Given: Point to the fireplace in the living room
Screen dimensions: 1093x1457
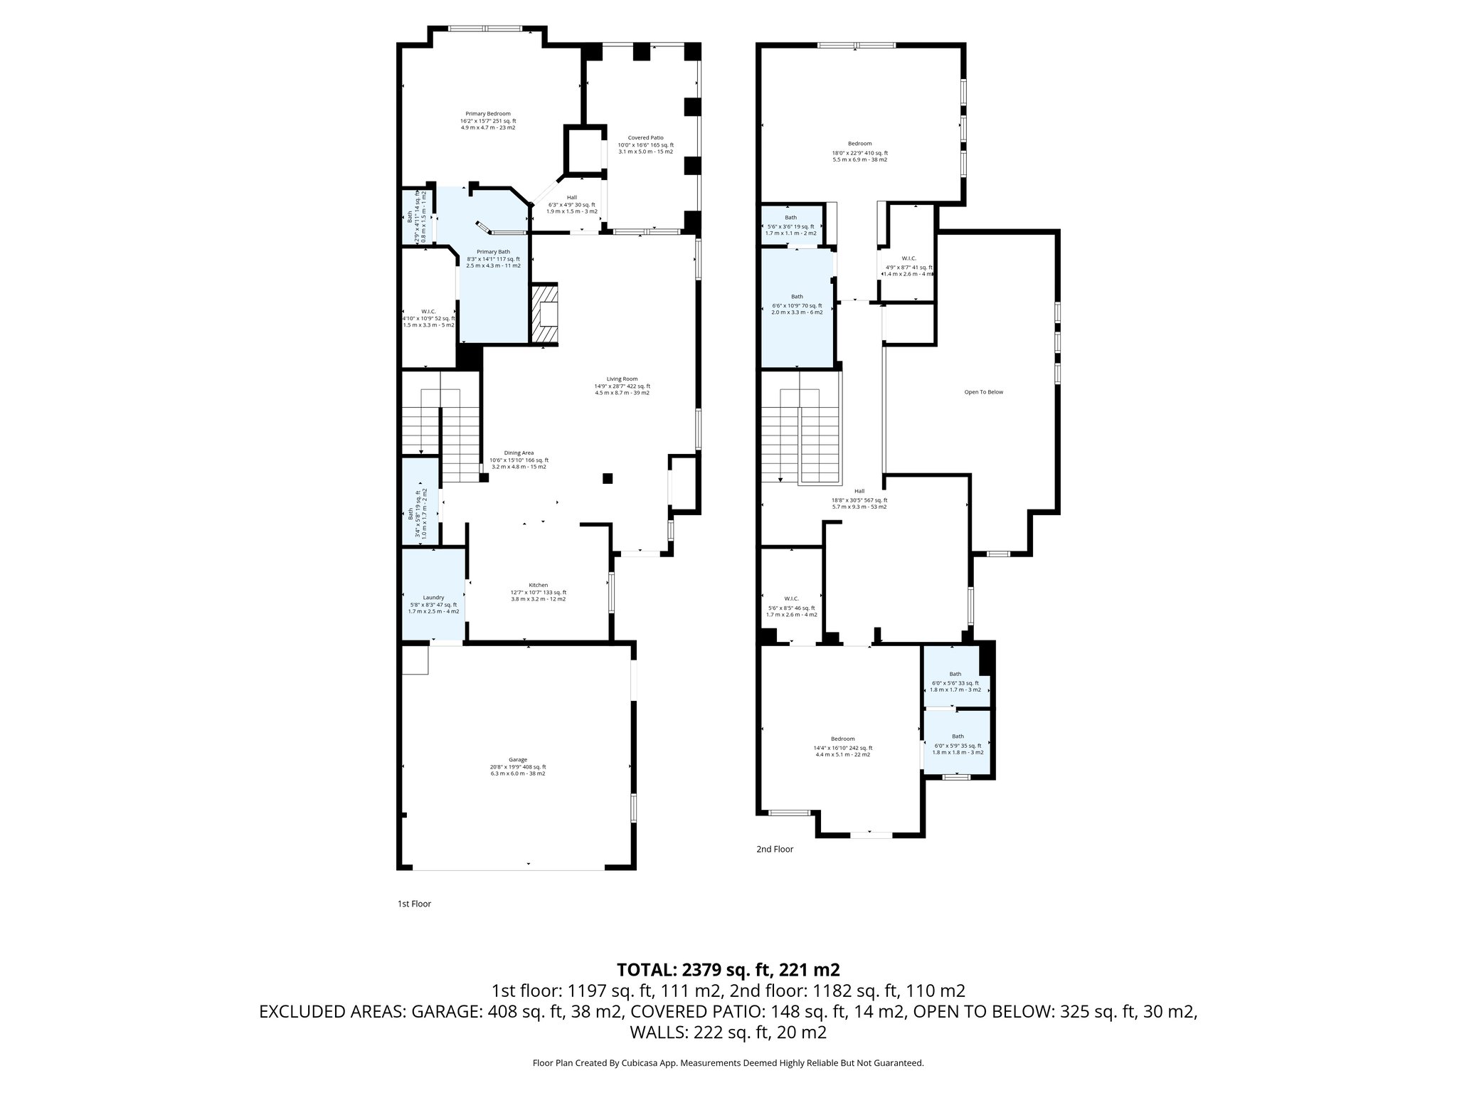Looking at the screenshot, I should click(x=546, y=314).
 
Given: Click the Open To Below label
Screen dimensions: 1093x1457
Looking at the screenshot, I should click(x=983, y=392).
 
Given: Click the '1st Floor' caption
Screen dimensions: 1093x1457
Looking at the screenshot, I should click(x=414, y=904).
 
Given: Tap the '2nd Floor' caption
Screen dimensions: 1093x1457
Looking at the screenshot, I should click(x=774, y=849).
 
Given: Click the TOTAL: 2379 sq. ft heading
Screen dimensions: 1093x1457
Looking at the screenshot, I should click(x=728, y=969).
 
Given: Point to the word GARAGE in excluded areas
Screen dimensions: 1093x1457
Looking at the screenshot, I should click(x=448, y=1012).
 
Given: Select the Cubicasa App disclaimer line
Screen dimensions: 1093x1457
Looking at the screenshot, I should click(x=728, y=1063).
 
